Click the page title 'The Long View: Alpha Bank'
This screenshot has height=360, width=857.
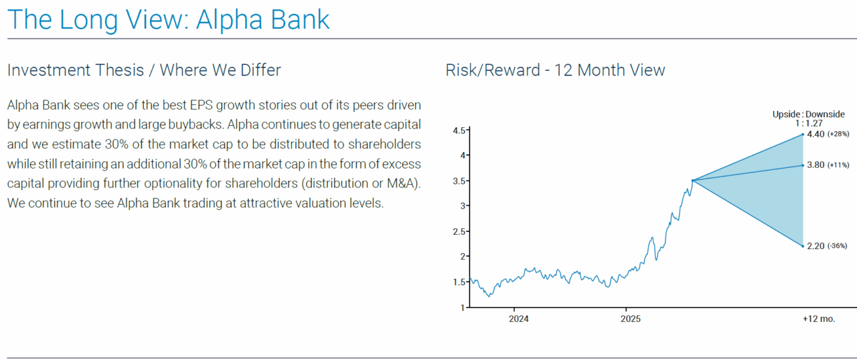[x=168, y=19]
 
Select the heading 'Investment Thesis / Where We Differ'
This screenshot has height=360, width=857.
[x=144, y=70]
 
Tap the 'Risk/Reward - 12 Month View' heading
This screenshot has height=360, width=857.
[x=555, y=70]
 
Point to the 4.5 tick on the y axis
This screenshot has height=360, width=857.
[x=459, y=130]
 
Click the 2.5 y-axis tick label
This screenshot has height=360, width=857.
[x=459, y=232]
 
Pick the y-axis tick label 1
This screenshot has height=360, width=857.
[x=463, y=308]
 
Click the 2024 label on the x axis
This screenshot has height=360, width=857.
[x=518, y=319]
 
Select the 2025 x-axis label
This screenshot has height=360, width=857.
[x=631, y=319]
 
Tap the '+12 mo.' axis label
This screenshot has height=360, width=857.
[x=819, y=319]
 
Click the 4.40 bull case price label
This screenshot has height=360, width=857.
[x=815, y=134]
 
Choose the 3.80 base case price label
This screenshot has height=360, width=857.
[x=815, y=165]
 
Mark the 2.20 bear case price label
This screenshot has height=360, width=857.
[x=815, y=246]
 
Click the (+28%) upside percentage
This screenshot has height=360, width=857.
[x=838, y=134]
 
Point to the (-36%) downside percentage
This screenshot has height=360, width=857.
[x=837, y=246]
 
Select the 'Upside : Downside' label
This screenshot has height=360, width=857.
[x=808, y=114]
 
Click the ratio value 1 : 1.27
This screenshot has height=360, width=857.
[x=809, y=123]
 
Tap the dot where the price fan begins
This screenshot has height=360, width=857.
[x=692, y=181]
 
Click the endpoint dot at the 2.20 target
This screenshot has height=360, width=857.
[x=803, y=246]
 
